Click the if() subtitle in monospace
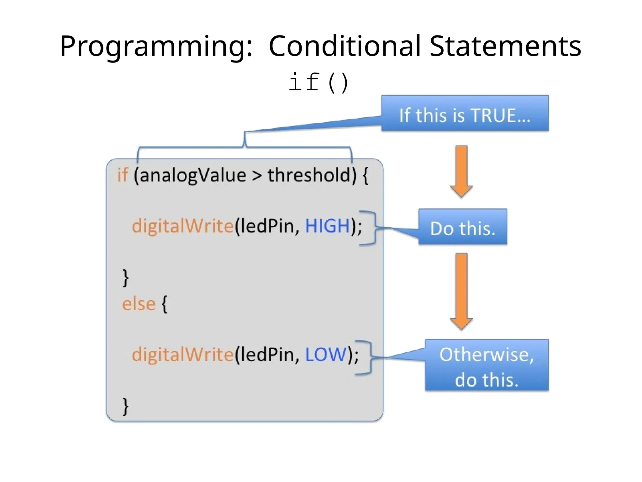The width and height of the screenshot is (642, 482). coord(318,82)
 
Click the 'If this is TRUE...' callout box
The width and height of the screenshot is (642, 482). coord(465,113)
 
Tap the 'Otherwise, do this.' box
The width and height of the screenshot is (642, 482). coord(487,365)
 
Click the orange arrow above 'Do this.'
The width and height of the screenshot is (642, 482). coord(461,171)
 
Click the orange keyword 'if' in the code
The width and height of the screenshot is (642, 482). coord(123,175)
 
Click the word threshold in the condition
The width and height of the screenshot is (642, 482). coord(309,175)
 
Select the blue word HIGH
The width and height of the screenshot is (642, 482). coord(327,226)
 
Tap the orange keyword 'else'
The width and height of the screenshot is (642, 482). coord(139,304)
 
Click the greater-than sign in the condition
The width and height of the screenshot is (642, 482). coord(257,176)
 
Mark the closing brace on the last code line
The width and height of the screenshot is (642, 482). coord(125,406)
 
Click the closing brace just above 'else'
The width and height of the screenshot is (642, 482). coord(125,277)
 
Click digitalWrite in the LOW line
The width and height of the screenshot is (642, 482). coord(182,355)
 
